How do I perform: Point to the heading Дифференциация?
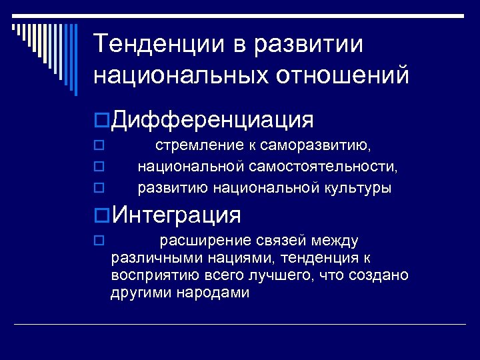coord(213,120)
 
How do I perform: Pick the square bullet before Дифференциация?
coord(101,121)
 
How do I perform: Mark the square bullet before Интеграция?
coord(101,215)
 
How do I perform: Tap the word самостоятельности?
coord(331,167)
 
